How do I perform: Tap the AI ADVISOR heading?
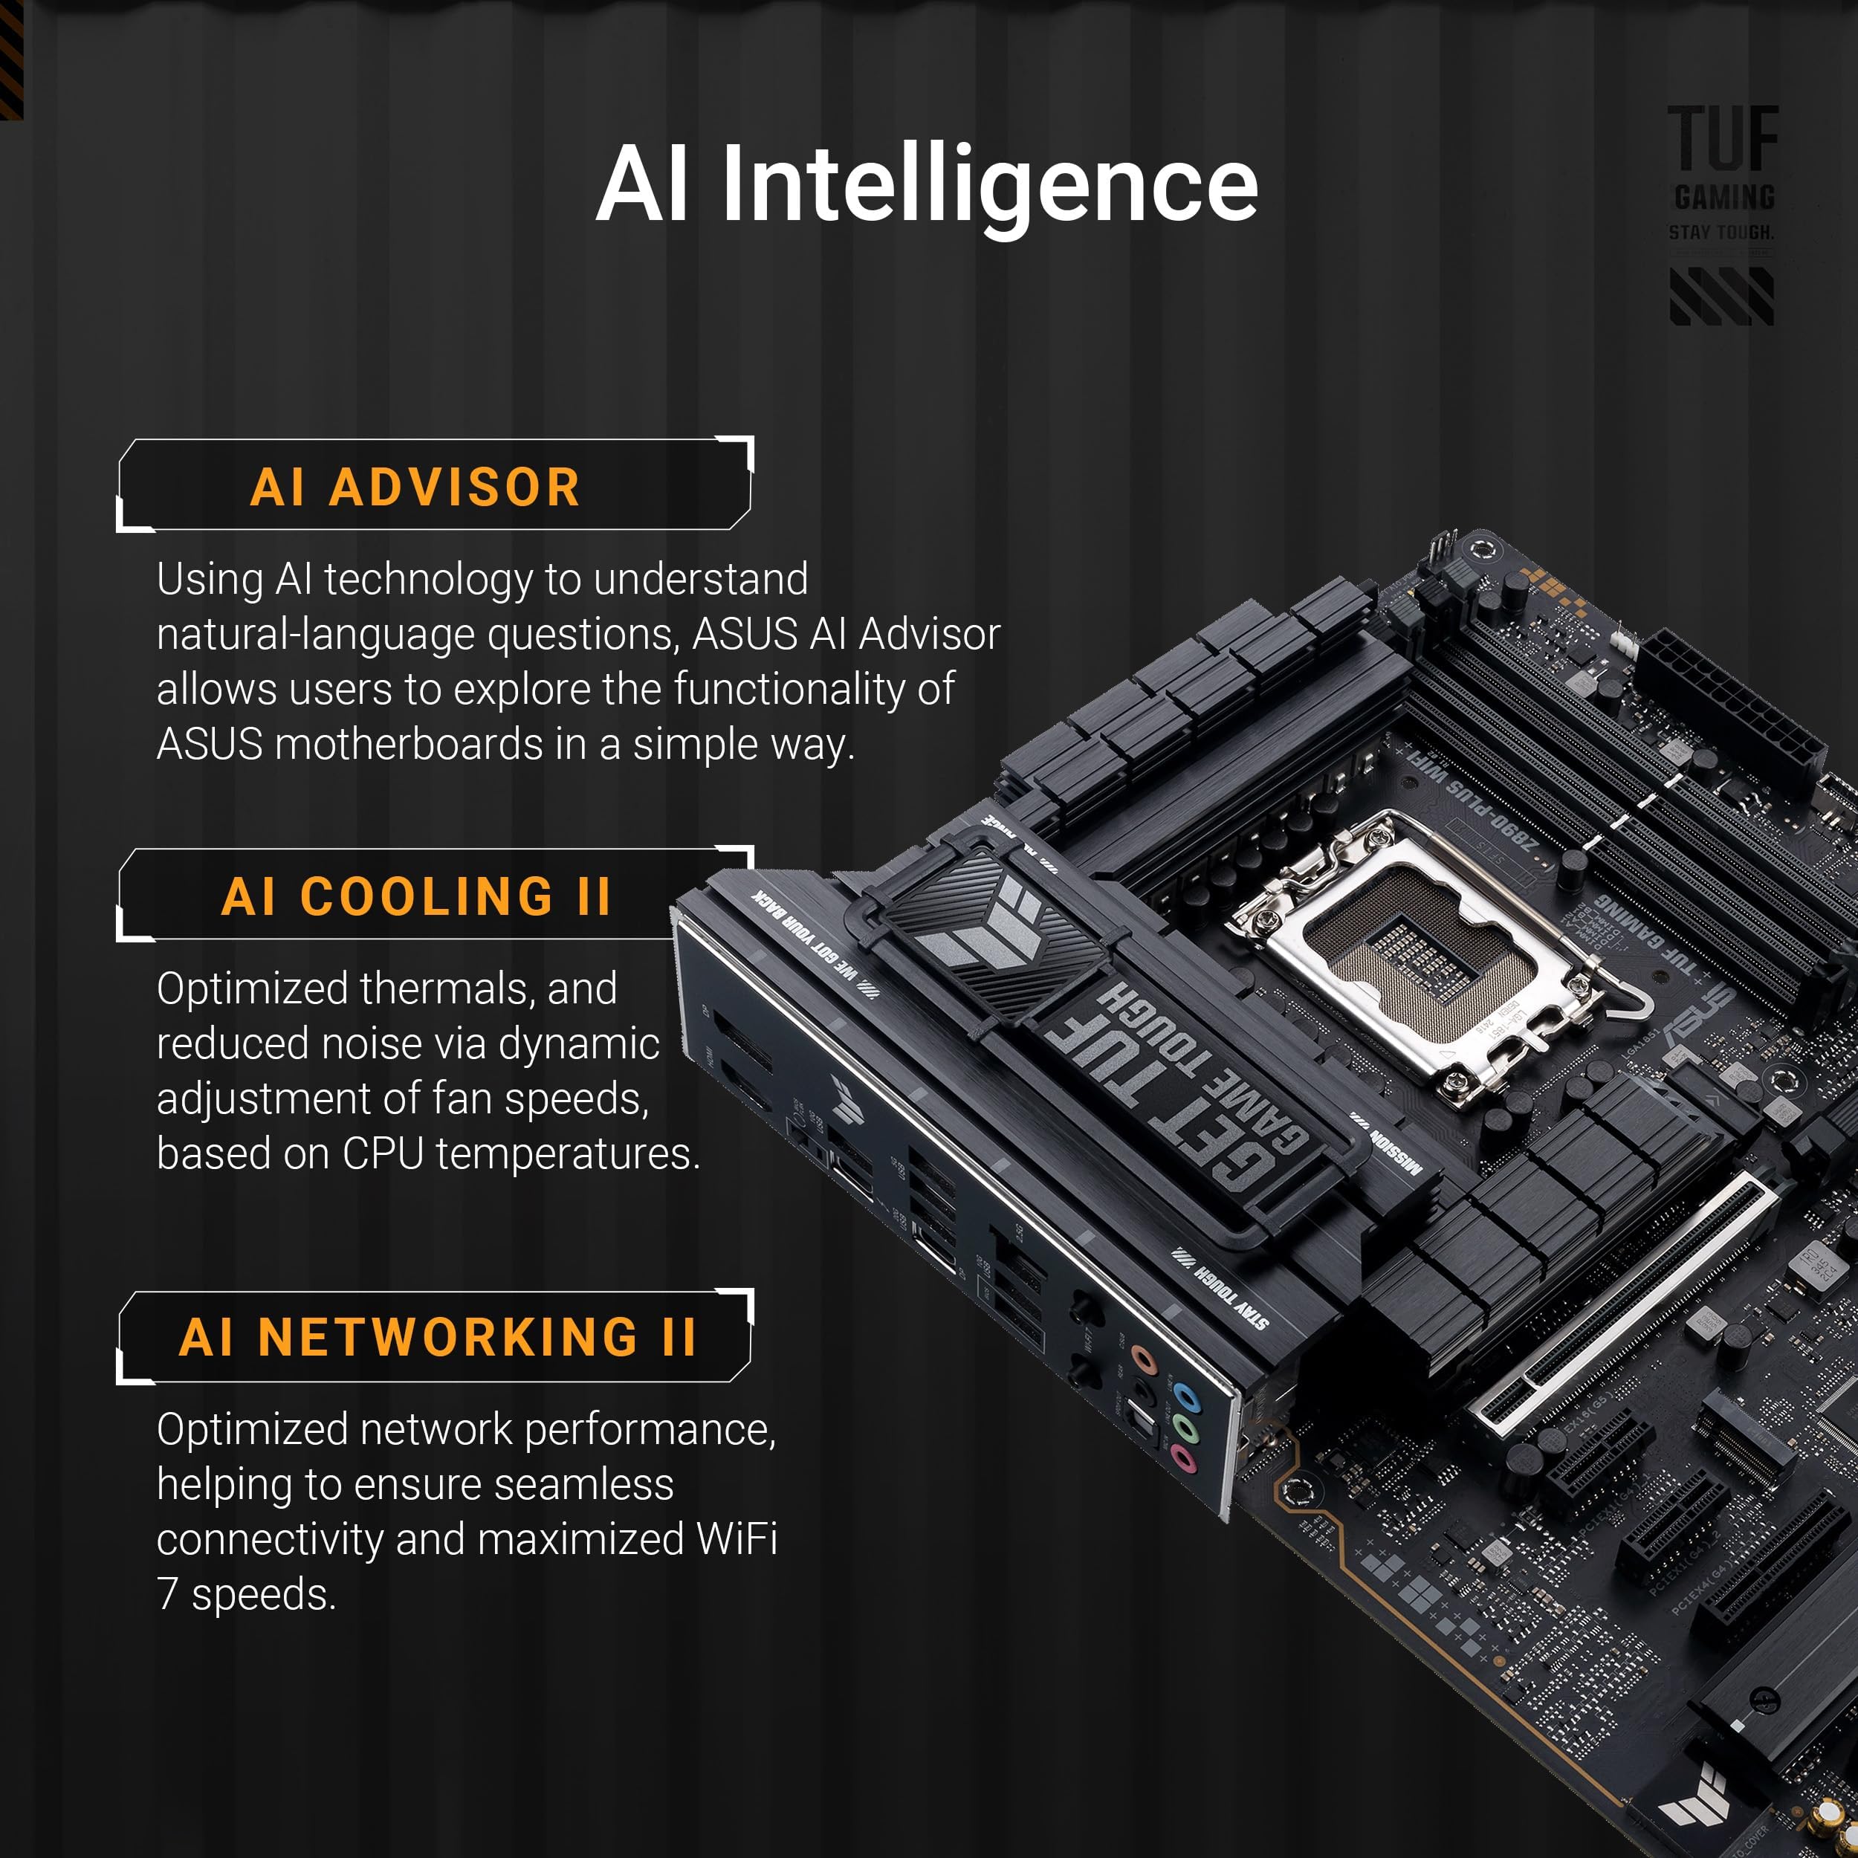415,487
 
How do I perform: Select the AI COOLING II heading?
415,896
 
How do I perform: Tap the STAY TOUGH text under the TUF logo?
1721,233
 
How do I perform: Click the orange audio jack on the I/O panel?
1142,1360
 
